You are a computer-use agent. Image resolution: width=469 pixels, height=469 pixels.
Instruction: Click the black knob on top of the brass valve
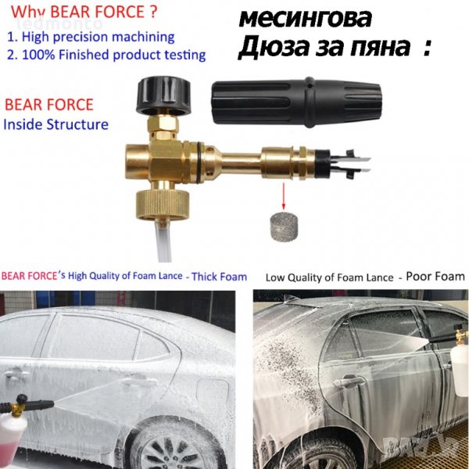tap(163, 95)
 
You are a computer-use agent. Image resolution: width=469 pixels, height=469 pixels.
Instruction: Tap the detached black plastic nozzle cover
tap(296, 101)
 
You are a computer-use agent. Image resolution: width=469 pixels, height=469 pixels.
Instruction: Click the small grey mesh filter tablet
tap(284, 226)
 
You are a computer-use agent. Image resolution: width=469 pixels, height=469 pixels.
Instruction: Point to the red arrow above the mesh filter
tap(284, 196)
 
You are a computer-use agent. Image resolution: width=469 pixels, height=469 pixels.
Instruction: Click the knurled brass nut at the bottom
tap(162, 205)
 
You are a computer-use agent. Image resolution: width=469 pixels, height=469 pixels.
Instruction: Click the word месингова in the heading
tap(306, 19)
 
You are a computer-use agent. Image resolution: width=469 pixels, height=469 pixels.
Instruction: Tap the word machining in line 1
tap(143, 37)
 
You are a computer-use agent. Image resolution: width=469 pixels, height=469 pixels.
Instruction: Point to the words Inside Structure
tap(55, 124)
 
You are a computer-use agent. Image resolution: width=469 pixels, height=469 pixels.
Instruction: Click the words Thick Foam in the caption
tap(219, 277)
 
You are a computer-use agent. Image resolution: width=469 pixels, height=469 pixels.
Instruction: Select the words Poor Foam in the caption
tap(435, 277)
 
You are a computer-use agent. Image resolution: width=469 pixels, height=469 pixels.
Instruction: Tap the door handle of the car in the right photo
tap(349, 381)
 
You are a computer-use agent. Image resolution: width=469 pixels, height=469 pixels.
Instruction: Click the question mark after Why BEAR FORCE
tap(152, 12)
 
